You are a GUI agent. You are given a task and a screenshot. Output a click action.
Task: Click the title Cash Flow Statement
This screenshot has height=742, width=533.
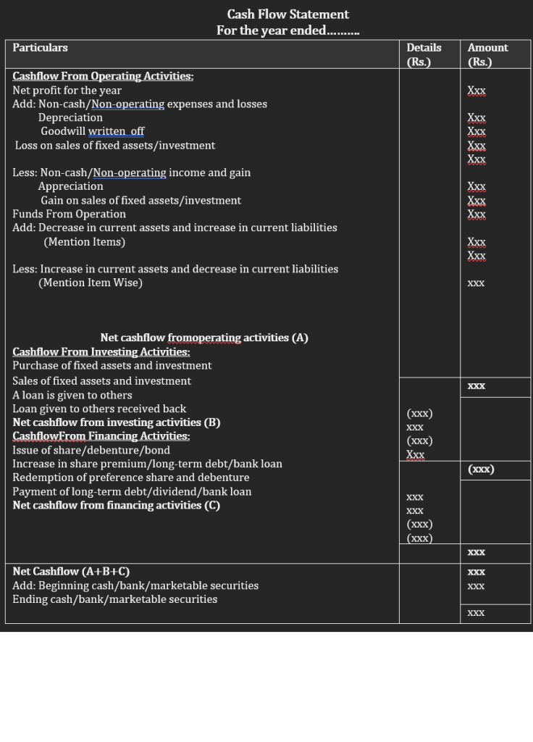coord(288,14)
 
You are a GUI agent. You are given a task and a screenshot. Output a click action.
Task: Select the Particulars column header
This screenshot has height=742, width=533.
coord(40,48)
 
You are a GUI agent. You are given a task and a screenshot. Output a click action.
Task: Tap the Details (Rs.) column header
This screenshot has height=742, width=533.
coord(424,54)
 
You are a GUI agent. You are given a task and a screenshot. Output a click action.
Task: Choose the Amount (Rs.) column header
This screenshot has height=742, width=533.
coord(487,54)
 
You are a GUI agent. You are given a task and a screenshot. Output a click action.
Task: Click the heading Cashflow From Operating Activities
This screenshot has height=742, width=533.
coord(103,76)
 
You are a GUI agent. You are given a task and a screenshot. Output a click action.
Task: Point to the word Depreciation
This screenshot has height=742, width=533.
coord(70,117)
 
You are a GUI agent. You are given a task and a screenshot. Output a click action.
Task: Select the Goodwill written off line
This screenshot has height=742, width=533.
coord(92,131)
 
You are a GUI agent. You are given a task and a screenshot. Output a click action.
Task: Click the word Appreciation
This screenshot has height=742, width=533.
coord(70,186)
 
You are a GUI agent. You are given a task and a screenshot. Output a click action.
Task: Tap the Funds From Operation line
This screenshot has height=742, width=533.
coord(69,214)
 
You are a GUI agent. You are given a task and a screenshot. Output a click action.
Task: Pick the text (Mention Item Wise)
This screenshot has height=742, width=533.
coord(91,283)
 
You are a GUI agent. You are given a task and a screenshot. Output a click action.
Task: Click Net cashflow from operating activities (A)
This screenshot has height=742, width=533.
coord(204,338)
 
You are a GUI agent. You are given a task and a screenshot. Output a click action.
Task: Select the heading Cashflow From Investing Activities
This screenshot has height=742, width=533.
coord(101,352)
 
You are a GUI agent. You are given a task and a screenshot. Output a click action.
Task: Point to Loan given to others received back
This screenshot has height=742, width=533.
coord(99,409)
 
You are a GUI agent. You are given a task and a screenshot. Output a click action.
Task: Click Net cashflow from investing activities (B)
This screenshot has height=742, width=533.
coord(117,422)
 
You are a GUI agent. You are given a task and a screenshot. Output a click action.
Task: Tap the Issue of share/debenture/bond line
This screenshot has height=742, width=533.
coord(91,450)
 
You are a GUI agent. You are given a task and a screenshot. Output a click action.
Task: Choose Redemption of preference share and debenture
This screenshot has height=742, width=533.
coord(131,478)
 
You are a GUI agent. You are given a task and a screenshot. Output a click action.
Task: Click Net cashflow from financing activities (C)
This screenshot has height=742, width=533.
coord(117,505)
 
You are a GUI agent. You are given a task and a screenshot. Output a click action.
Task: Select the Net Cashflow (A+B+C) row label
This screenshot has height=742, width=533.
coord(71,572)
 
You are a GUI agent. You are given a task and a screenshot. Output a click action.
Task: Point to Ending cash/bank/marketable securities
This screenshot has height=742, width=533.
coord(114,599)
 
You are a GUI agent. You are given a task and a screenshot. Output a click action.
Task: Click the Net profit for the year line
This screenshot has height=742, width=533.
coord(67,91)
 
